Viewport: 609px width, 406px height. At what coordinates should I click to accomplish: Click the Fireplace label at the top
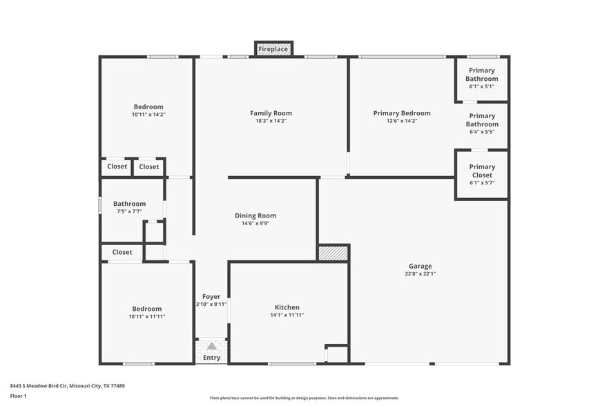[273, 50]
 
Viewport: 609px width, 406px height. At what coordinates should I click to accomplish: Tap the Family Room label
[271, 113]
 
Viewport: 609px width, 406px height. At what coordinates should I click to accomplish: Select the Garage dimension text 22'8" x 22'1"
[420, 274]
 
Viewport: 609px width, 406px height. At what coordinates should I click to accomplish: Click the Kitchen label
[287, 307]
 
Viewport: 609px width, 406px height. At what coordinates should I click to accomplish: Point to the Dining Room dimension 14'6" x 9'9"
[255, 224]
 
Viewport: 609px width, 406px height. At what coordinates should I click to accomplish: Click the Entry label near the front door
[212, 358]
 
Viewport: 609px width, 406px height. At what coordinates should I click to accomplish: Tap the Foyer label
[211, 297]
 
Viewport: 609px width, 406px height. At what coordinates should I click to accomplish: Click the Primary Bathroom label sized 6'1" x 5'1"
[481, 75]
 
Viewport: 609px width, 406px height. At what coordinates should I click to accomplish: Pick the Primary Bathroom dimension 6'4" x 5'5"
[482, 132]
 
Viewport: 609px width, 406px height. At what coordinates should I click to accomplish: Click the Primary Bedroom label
[402, 113]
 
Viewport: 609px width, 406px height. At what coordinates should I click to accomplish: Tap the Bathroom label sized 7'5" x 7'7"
[130, 204]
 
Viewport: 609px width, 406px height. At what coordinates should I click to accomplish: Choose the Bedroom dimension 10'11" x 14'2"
[148, 115]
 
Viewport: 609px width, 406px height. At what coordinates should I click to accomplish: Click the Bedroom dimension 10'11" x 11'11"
[148, 316]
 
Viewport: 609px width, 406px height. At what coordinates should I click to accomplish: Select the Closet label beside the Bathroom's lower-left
[122, 252]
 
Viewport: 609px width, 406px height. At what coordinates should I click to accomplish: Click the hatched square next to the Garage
[333, 253]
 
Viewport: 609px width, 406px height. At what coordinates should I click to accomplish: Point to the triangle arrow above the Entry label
[212, 346]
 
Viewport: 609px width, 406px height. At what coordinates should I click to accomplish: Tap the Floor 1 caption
[19, 396]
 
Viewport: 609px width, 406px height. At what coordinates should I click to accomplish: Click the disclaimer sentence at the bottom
[304, 398]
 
